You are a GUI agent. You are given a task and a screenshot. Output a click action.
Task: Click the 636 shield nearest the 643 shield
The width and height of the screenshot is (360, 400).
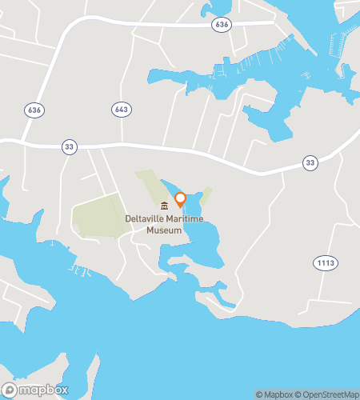click(33, 110)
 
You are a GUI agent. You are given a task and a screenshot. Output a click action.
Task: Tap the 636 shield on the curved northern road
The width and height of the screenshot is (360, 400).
click(222, 26)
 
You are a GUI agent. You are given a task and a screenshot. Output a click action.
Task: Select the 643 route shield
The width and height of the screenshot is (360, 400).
click(121, 109)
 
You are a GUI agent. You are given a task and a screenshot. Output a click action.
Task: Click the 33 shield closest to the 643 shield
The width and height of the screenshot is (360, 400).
click(69, 146)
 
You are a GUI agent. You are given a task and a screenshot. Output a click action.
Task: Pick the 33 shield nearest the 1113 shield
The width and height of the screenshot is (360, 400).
click(310, 163)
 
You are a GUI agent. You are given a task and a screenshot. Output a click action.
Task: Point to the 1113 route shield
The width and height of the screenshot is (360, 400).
click(324, 262)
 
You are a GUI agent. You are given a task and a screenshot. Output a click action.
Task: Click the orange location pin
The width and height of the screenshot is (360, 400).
click(181, 198)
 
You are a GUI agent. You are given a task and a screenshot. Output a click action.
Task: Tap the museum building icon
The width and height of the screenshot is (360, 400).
click(164, 206)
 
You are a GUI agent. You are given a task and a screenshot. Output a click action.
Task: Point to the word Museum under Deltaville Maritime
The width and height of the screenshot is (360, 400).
click(164, 229)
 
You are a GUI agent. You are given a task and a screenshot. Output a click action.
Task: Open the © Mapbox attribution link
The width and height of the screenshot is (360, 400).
click(275, 394)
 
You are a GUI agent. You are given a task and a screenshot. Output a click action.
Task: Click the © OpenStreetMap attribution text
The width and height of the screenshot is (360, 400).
click(328, 394)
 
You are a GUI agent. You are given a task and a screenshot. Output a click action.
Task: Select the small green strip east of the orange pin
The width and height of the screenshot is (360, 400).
click(206, 195)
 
